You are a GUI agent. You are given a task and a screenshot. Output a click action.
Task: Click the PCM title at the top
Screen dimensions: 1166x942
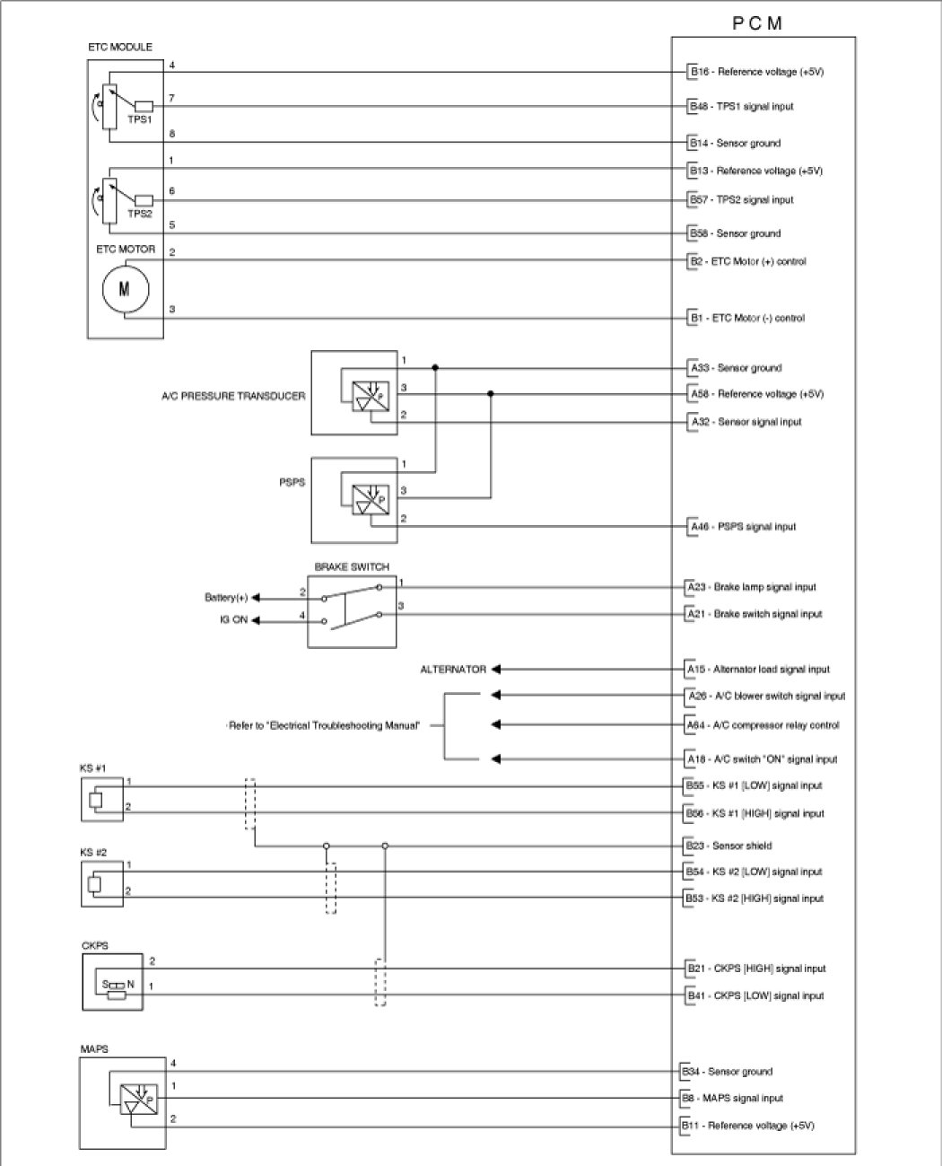758,23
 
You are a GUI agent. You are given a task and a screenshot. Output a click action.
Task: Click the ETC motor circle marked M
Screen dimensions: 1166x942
124,290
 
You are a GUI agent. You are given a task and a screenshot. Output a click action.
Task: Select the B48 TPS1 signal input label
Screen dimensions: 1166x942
741,106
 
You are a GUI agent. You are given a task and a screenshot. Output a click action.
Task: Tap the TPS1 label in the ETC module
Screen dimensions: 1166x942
139,119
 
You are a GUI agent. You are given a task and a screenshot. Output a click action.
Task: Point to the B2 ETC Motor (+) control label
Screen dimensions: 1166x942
747,262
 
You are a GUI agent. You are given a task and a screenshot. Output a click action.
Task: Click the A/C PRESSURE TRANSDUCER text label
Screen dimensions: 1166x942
233,396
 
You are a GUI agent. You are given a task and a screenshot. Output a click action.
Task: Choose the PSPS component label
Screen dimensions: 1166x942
292,483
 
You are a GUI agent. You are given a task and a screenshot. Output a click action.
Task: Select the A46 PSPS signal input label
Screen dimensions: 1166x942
742,527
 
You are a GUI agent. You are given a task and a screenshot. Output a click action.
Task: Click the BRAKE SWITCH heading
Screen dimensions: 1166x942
352,567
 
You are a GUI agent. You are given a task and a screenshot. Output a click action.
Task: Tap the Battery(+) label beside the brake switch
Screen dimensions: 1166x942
226,598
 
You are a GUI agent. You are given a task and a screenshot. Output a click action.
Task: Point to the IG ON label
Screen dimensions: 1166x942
233,620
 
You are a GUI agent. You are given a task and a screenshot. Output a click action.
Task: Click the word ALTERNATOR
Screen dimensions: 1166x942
453,670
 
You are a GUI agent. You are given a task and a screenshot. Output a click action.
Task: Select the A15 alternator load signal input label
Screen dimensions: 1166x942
758,670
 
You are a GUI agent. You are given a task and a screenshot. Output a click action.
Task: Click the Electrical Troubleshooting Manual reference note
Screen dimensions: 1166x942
324,726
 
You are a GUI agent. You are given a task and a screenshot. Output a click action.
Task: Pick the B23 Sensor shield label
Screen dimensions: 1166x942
728,846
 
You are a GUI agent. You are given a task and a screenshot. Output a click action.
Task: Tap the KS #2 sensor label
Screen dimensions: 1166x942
93,852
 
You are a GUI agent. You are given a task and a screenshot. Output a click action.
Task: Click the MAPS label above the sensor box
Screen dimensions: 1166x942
94,1048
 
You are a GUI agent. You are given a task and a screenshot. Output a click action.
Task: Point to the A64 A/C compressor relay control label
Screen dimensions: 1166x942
763,725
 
